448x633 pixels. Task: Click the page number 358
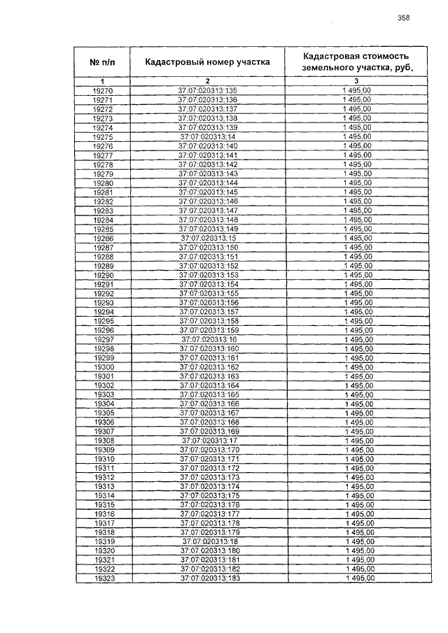[402, 18]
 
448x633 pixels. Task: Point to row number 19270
[102, 91]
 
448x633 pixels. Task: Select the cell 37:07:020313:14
[208, 137]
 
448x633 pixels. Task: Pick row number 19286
[102, 239]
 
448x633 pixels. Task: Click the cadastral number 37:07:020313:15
[209, 239]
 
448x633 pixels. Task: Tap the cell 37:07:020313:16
[209, 339]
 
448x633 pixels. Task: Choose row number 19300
[103, 367]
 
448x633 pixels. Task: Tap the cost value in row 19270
[356, 91]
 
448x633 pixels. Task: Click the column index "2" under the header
[207, 82]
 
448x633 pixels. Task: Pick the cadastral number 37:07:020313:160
[209, 348]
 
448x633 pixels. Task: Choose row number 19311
[104, 468]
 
